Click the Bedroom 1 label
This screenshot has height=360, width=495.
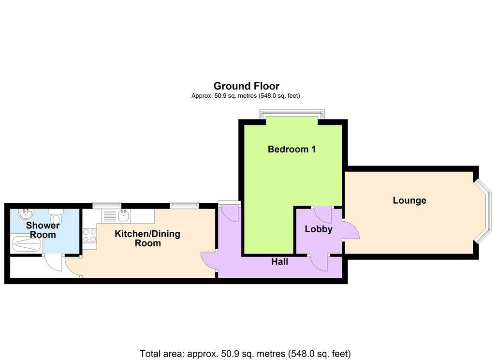[291, 149]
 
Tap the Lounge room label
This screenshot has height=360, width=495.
[409, 200]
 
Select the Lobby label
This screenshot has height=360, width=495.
[319, 229]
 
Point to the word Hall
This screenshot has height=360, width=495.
[279, 262]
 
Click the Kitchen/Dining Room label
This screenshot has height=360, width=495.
[147, 239]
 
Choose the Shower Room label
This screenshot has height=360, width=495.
[43, 230]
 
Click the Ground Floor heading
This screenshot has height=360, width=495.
[246, 86]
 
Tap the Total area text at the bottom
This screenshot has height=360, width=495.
[245, 353]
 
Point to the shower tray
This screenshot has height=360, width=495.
[27, 244]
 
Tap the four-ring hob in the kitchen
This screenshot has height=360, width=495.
[89, 236]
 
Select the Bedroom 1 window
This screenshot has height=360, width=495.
[291, 114]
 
